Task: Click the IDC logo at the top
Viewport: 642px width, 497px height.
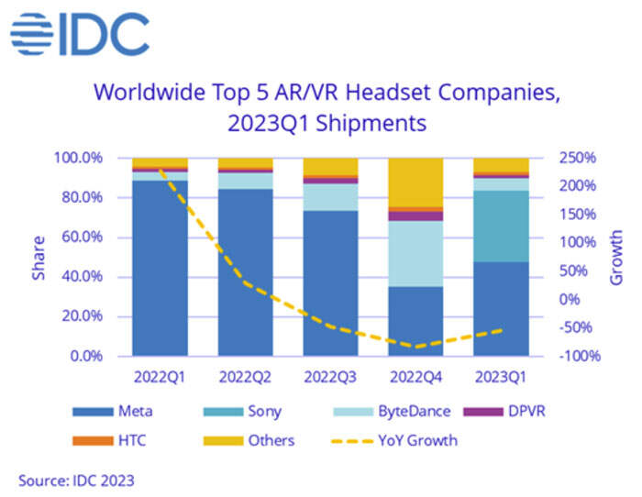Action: (x=80, y=35)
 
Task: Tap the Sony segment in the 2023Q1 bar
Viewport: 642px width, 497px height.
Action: (x=501, y=226)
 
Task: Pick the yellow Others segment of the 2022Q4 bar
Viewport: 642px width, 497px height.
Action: (x=415, y=183)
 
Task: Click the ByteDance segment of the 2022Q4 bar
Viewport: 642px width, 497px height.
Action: (x=415, y=253)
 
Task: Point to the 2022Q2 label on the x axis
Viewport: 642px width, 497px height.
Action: (x=245, y=376)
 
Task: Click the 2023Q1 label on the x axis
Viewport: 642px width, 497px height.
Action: (x=501, y=376)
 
